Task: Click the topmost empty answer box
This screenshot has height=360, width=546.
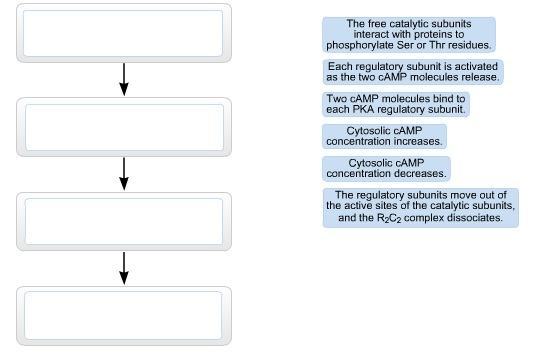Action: click(124, 34)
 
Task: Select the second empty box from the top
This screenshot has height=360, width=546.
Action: click(124, 127)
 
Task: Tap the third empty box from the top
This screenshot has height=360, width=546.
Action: click(124, 220)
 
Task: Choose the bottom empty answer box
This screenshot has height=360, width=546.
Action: click(124, 315)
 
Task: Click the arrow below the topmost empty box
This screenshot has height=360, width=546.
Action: click(124, 80)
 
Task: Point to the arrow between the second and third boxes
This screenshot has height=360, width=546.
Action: click(124, 173)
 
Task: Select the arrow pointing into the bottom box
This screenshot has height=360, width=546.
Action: click(124, 267)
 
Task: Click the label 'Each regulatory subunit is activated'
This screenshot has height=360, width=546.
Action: click(414, 71)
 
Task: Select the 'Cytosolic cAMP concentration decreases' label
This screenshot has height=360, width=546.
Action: click(386, 167)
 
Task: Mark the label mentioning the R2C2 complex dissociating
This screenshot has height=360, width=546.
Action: click(420, 206)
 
